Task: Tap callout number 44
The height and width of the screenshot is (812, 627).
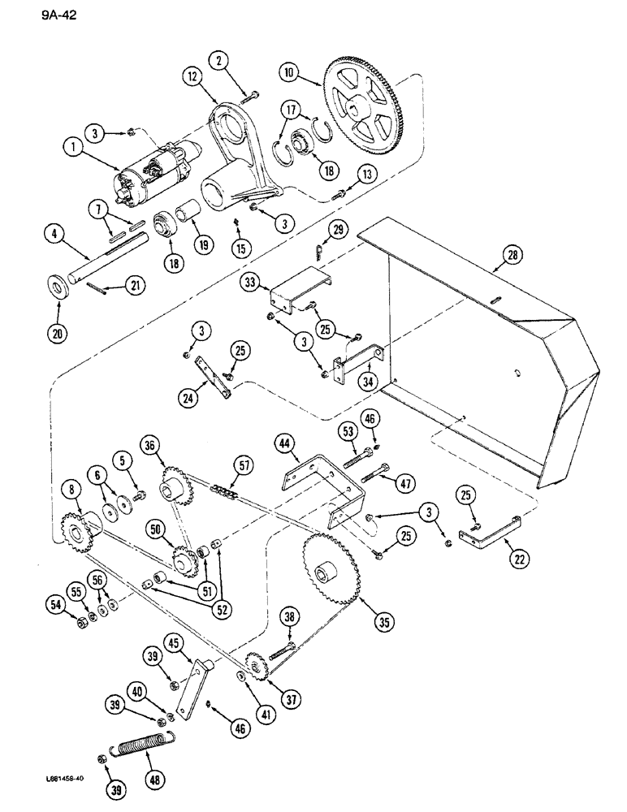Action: (283, 443)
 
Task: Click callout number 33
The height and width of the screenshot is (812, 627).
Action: (249, 283)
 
